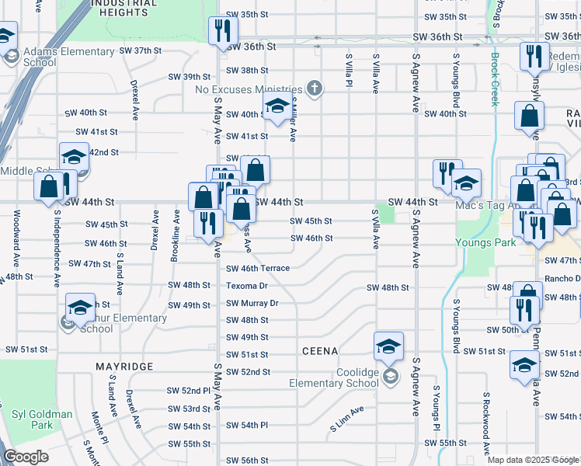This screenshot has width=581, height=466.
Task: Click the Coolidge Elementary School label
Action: (334, 377)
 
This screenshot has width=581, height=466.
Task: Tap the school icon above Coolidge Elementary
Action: (388, 346)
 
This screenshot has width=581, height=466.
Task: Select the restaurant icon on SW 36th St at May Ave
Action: (221, 30)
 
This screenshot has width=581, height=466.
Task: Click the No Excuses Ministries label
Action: (249, 89)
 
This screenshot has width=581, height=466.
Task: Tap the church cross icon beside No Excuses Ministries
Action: (314, 88)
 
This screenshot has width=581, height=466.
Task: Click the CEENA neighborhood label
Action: (320, 351)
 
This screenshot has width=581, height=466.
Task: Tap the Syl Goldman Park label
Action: (43, 419)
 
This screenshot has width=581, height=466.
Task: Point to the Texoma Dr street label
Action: (247, 285)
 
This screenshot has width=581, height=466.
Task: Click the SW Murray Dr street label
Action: (252, 303)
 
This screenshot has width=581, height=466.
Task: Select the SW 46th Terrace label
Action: (258, 268)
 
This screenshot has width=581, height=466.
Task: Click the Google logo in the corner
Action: (26, 457)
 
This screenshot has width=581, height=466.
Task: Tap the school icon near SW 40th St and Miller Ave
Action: (277, 110)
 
